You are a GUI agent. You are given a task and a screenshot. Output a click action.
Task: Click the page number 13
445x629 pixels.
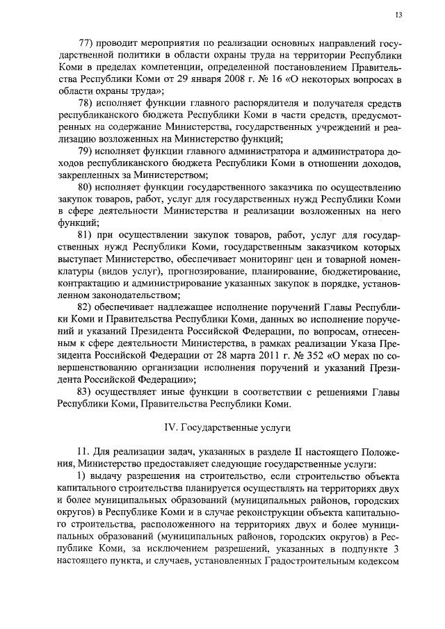(x=398, y=15)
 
